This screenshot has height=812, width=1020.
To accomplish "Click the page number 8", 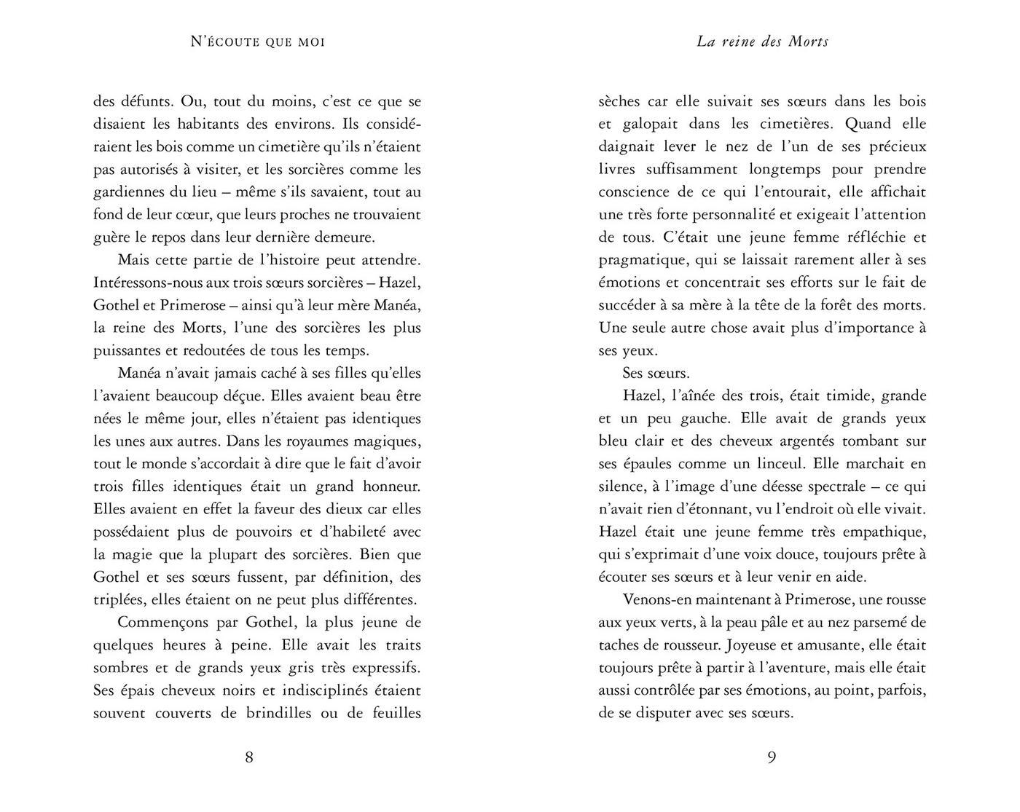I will [249, 757].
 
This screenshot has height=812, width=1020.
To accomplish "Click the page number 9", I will [772, 757].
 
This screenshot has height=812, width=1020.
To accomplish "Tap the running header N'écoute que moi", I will [257, 42].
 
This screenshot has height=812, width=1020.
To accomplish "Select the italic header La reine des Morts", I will [762, 42].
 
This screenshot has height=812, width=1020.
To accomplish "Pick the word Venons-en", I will [659, 600].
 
